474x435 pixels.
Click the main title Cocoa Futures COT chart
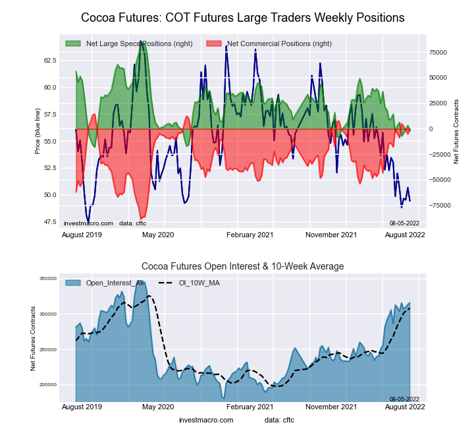pos(242,17)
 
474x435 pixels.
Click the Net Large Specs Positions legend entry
pos(139,43)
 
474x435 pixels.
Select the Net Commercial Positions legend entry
pos(279,43)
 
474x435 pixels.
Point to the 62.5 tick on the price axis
pos(49,60)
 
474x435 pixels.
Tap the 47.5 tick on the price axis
pos(49,221)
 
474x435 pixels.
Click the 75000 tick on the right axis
pos(439,52)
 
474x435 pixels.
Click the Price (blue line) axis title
pos(38,132)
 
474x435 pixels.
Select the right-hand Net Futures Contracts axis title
pos(456,132)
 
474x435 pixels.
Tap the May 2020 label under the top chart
pos(158,235)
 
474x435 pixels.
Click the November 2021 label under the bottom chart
pos(332,406)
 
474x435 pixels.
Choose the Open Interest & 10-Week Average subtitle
pos(242,266)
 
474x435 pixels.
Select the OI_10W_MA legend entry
pos(201,283)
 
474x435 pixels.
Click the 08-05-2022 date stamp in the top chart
pos(404,223)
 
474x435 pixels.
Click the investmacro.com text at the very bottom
pos(205,420)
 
